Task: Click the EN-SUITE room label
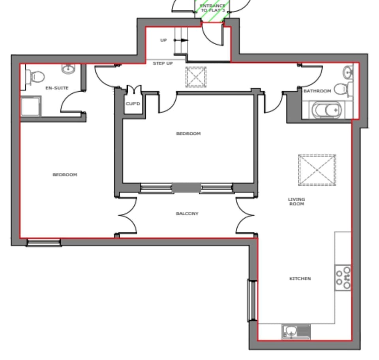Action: coord(57,88)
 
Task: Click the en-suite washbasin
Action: coord(68,70)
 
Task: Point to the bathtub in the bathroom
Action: coord(326,110)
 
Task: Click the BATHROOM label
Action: coord(317,91)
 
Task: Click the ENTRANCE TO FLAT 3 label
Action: coord(213,8)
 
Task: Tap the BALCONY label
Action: coord(187,214)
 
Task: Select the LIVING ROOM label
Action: coord(296,202)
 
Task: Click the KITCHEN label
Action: coord(300,279)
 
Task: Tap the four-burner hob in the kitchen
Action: coord(343,278)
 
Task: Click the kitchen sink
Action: coord(292,332)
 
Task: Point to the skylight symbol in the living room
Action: coord(317,170)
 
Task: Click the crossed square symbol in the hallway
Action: coord(196,77)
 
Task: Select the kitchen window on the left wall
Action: coord(252,300)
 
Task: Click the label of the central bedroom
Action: coord(188,134)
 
